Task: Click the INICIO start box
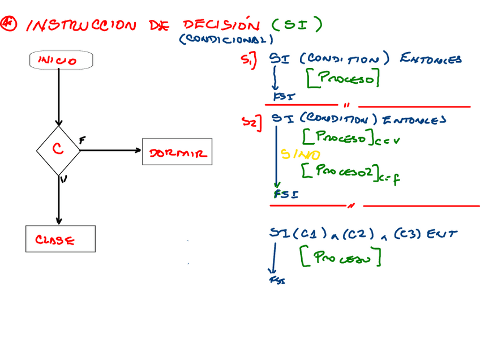click(x=60, y=60)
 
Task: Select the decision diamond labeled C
click(x=58, y=150)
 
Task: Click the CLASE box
click(x=60, y=239)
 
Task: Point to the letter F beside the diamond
click(x=82, y=140)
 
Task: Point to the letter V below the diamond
click(x=63, y=179)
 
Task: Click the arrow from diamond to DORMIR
click(x=110, y=150)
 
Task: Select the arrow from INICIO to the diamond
click(x=58, y=96)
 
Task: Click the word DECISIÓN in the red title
click(x=221, y=25)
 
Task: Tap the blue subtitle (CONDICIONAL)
click(x=226, y=40)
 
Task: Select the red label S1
click(x=248, y=59)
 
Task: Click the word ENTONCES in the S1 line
click(x=431, y=59)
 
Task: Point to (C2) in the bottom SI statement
click(x=349, y=233)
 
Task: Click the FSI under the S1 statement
click(x=284, y=96)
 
